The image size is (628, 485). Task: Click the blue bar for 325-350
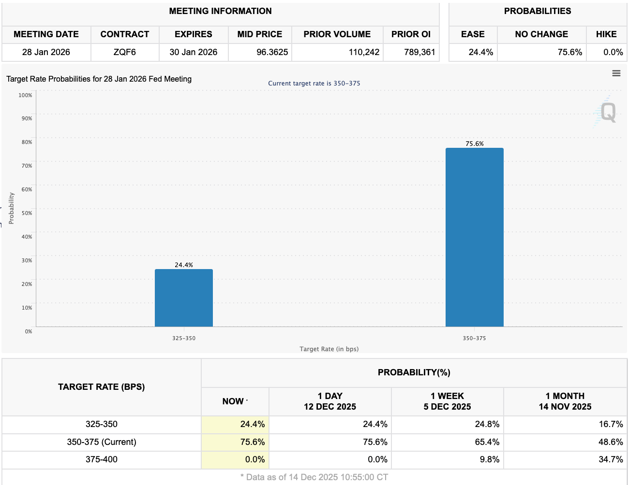184,298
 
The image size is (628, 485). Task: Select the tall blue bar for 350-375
474,237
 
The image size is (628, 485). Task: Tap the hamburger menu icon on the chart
616,73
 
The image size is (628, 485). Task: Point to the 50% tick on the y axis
27,213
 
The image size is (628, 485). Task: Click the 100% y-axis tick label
25,95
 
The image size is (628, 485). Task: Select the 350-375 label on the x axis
474,338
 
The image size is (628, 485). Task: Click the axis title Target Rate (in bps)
329,349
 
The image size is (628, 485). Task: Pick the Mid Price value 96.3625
272,52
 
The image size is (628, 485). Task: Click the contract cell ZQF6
125,52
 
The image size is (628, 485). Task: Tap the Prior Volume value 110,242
364,52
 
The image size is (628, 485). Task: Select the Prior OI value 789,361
419,52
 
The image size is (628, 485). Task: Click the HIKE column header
606,34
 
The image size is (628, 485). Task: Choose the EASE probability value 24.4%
480,52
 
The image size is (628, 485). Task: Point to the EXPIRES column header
194,34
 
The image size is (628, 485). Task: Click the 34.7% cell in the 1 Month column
611,459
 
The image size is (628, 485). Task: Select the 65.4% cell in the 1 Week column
487,442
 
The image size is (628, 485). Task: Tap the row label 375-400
102,459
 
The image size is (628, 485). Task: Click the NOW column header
233,401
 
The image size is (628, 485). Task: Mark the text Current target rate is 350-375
314,83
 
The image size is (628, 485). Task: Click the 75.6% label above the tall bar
474,143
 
